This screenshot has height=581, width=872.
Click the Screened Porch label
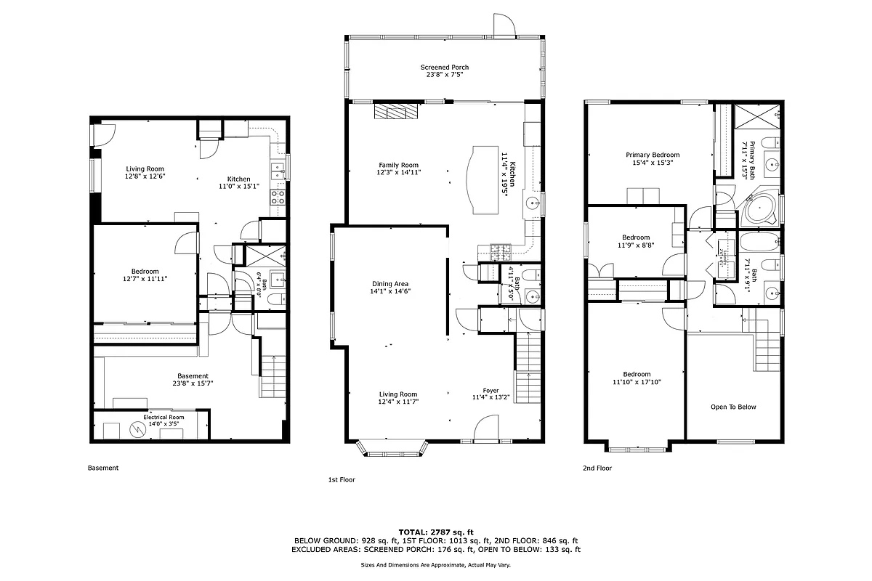pos(444,68)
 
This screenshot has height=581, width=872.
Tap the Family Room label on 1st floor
pos(398,165)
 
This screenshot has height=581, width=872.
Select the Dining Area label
pos(390,284)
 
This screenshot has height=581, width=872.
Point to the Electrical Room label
pos(163,418)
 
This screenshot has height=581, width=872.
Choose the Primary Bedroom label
pos(653,155)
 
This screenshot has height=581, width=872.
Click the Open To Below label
pos(733,407)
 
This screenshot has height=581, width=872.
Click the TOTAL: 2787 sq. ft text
pos(436,532)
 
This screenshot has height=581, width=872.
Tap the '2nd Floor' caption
pos(597,468)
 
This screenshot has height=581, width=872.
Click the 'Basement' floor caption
pos(103,468)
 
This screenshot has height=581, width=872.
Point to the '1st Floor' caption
pos(341,480)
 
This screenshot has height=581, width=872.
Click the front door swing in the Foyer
pos(485,428)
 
